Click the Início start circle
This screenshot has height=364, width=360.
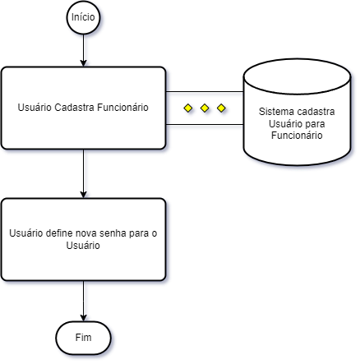[x=83, y=17]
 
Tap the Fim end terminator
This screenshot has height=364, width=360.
[x=83, y=338]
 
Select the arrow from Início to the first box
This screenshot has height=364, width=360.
[x=83, y=50]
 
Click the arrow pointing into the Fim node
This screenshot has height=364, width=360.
[x=83, y=301]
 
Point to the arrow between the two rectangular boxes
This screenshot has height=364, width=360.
[x=83, y=173]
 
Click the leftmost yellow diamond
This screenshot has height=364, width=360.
[x=188, y=108]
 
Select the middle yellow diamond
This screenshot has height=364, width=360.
[x=205, y=108]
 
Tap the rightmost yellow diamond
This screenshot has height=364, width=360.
[x=221, y=108]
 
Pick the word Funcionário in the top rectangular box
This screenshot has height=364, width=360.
[x=122, y=108]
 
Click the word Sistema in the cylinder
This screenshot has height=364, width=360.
[x=276, y=112]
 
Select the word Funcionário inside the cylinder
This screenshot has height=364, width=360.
[x=297, y=136]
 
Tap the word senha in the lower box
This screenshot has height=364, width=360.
[x=113, y=233]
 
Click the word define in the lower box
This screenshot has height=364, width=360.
[x=59, y=233]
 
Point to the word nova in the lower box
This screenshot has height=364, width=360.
[x=86, y=233]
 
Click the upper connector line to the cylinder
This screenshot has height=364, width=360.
[x=205, y=92]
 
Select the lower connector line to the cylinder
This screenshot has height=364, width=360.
[x=205, y=125]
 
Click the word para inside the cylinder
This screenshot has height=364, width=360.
[x=315, y=124]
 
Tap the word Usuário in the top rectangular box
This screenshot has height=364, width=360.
[x=35, y=108]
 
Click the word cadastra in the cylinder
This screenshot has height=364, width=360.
[x=316, y=112]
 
